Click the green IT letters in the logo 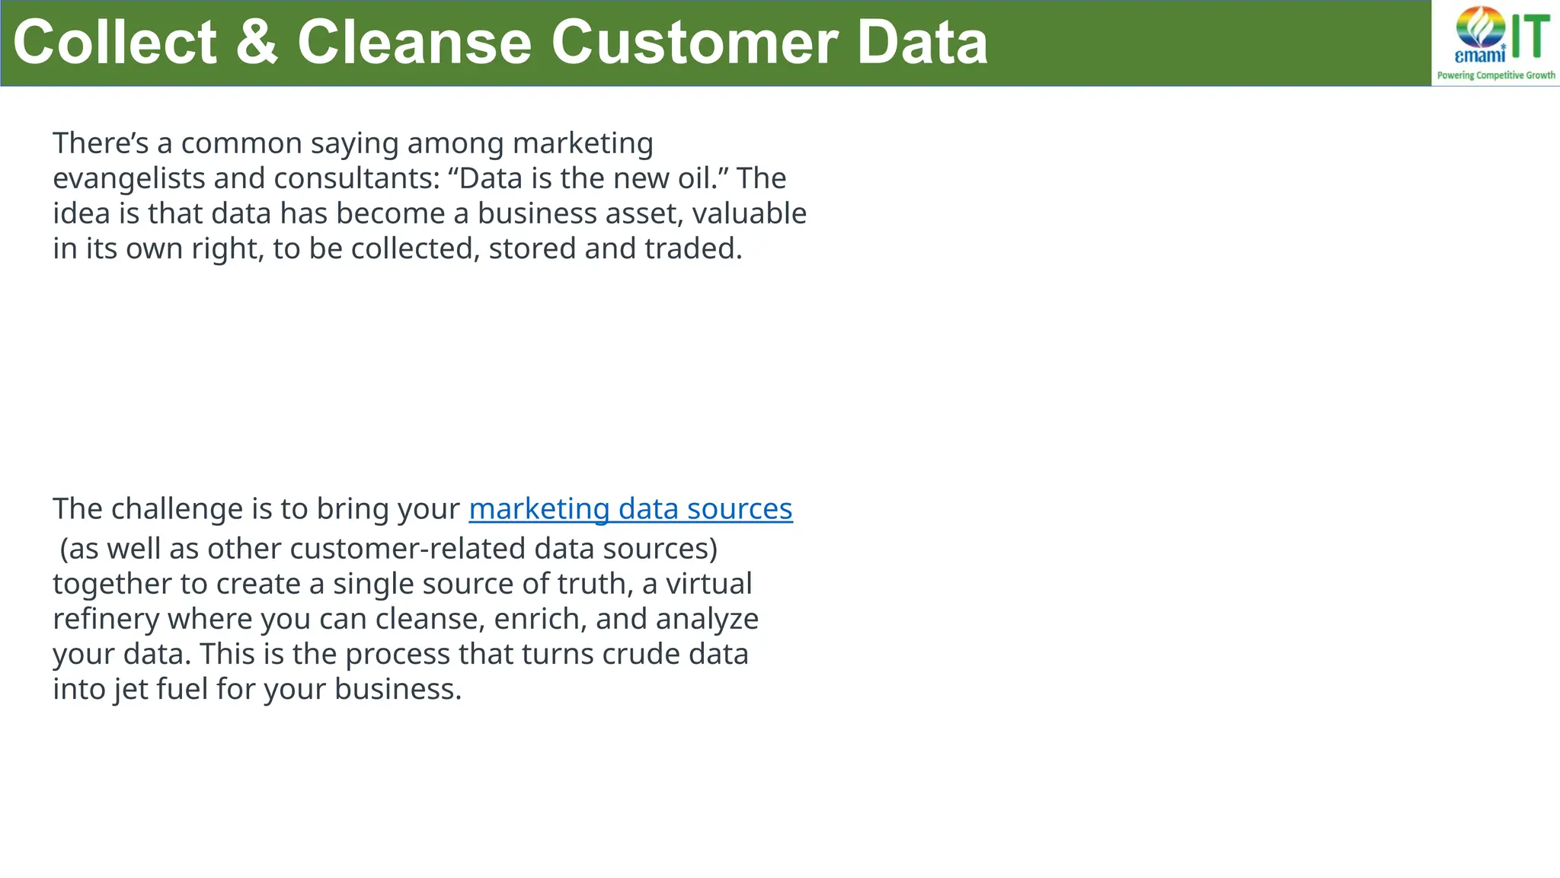tap(1530, 37)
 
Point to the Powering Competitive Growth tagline tap(1496, 75)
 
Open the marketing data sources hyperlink tap(631, 509)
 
